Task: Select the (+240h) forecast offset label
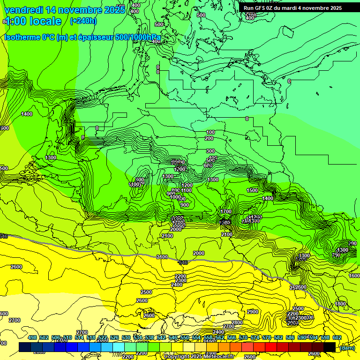pyautogui.click(x=83, y=21)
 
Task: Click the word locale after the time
pyautogui.click(x=45, y=21)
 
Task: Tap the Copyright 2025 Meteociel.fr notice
pyautogui.click(x=199, y=357)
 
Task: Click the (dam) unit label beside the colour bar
pyautogui.click(x=347, y=348)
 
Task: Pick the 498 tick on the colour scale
pyautogui.click(x=32, y=338)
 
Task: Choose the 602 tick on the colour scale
pyautogui.click(x=337, y=338)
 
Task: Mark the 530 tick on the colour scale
pyautogui.click(x=126, y=338)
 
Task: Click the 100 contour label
pyautogui.click(x=210, y=133)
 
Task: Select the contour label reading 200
pyautogui.click(x=209, y=138)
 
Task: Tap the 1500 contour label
pyautogui.click(x=252, y=190)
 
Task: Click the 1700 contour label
pyautogui.click(x=226, y=212)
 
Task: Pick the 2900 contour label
pyautogui.click(x=252, y=312)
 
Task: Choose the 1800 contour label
pyautogui.click(x=340, y=304)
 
